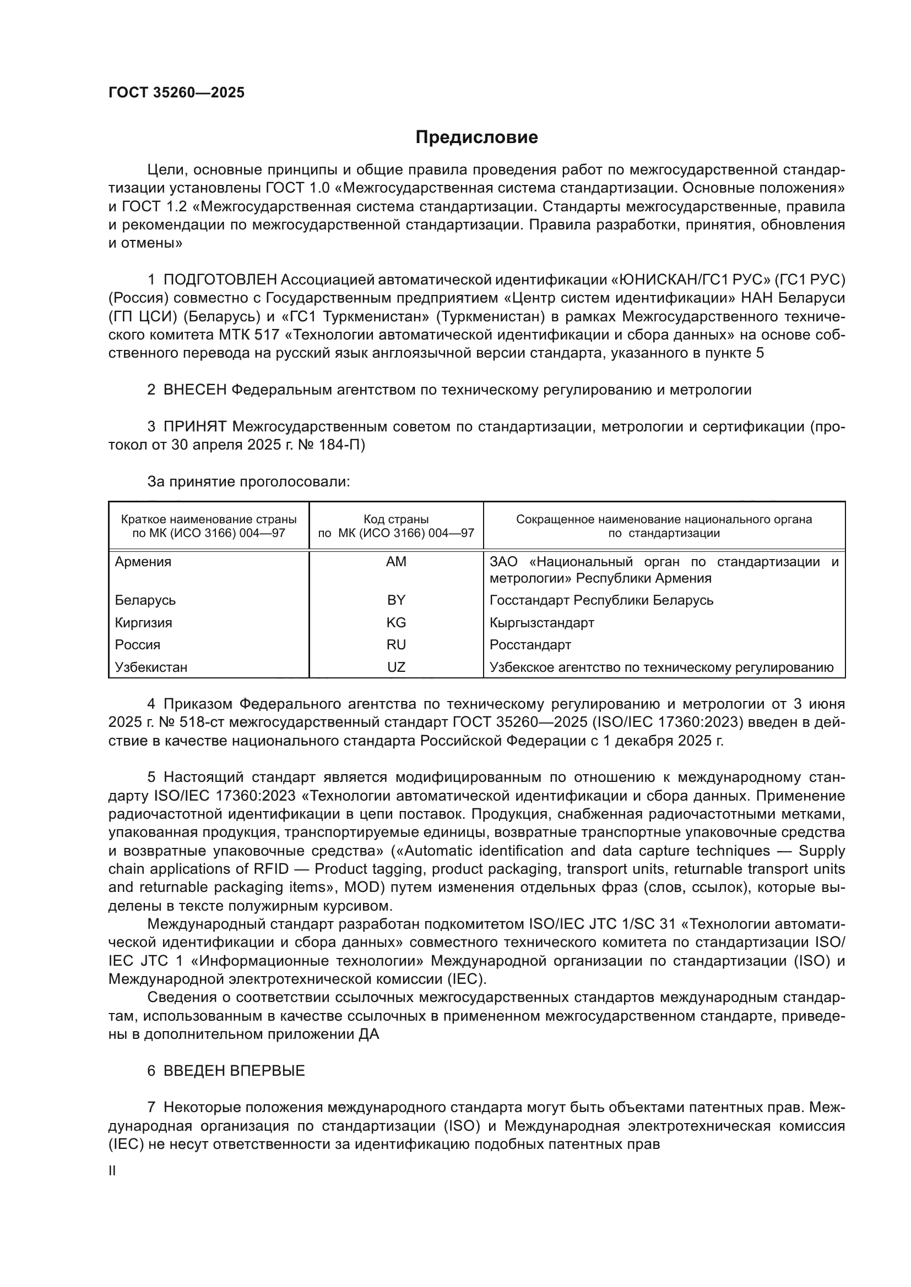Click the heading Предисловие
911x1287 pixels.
tap(476, 138)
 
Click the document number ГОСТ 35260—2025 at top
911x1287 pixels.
tap(176, 92)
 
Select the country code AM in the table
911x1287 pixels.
tap(396, 562)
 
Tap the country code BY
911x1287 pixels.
tap(396, 600)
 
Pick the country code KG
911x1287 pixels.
tap(396, 623)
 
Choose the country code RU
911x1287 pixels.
tap(396, 645)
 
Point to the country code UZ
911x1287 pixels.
tap(396, 667)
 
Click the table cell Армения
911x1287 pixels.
tap(143, 562)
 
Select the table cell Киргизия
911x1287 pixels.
tap(144, 623)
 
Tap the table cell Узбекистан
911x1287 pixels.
tap(151, 667)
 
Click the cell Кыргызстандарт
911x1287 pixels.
tap(541, 623)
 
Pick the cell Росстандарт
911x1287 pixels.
tap(530, 645)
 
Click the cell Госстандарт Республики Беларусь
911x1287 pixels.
tap(601, 600)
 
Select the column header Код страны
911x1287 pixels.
tap(396, 519)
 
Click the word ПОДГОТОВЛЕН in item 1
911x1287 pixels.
tap(220, 279)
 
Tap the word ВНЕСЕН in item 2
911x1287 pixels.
tap(194, 390)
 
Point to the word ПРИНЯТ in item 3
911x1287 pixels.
tap(194, 426)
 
